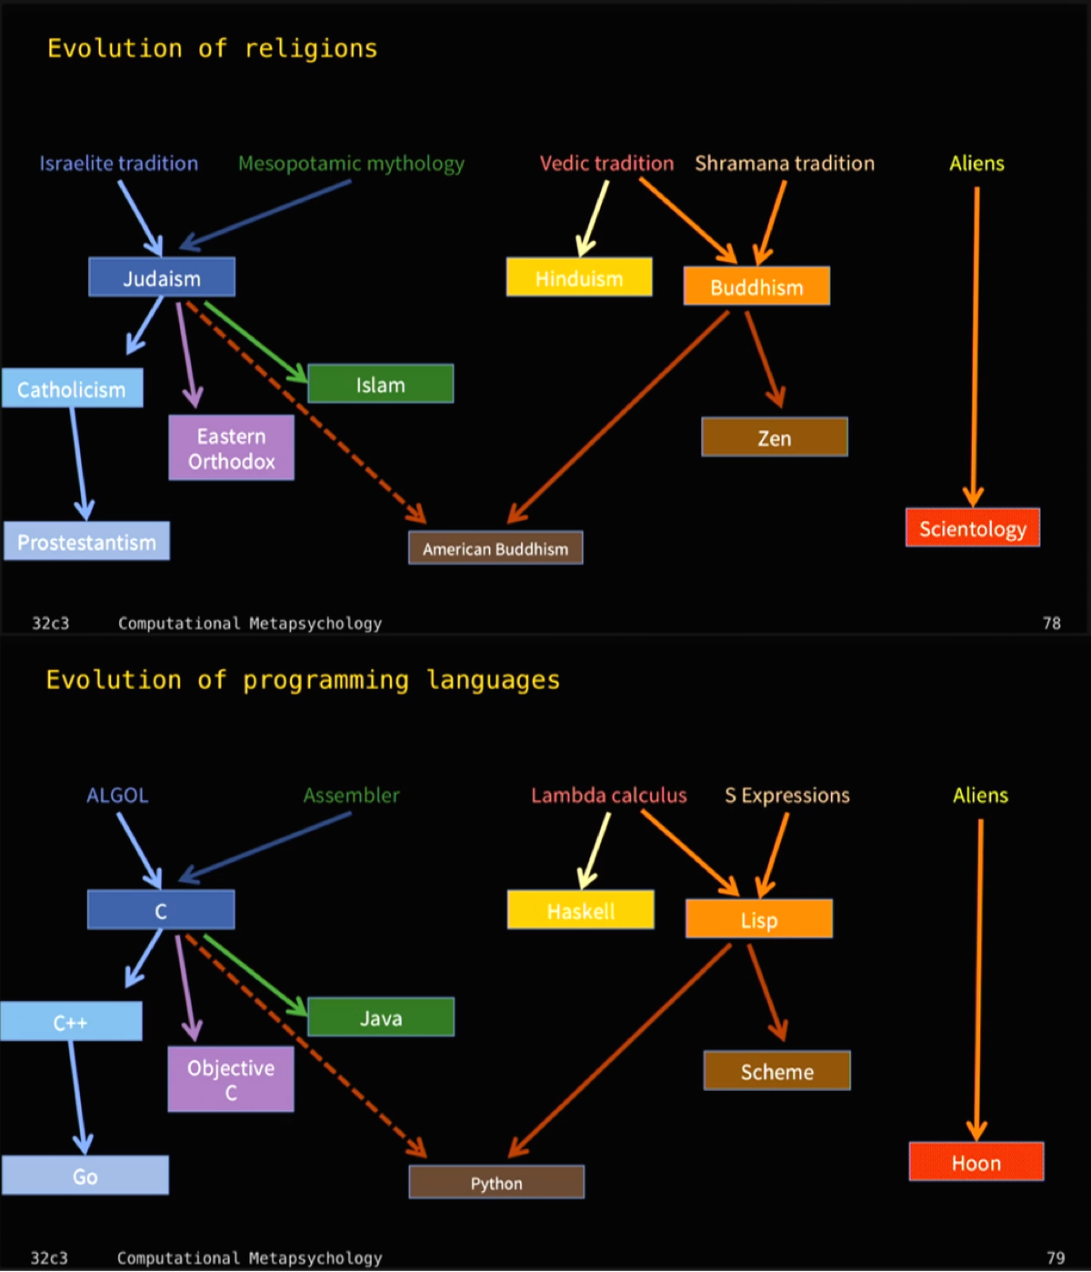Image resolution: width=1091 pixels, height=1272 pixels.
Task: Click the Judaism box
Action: (x=162, y=277)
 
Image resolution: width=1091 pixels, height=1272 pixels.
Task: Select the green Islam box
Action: (x=380, y=384)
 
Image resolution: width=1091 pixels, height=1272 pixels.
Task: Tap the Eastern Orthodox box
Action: (x=231, y=448)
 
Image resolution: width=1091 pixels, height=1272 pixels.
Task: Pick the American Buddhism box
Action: (x=495, y=548)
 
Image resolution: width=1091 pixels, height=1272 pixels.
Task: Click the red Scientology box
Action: (x=972, y=528)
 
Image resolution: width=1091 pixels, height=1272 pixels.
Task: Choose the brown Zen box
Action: (x=774, y=437)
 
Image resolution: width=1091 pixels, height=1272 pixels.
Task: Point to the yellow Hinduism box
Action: (x=579, y=277)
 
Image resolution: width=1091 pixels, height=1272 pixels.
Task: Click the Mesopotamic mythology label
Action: (x=351, y=164)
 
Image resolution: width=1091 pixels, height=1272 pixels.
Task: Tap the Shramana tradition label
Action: (x=785, y=164)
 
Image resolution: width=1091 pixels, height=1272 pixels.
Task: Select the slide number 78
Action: (x=1052, y=623)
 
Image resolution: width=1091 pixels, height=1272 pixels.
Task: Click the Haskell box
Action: (x=580, y=910)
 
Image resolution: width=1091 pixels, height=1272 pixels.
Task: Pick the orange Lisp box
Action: (x=758, y=919)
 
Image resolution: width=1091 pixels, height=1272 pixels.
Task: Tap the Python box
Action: (x=496, y=1183)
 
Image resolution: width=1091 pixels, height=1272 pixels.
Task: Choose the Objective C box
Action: (x=231, y=1079)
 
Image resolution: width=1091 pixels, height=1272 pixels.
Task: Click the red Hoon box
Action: (x=976, y=1162)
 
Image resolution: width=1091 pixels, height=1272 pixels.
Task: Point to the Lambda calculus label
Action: (x=608, y=796)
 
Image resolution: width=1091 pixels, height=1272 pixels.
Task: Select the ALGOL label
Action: (x=117, y=796)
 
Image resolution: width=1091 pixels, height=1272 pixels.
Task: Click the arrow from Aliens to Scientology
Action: (x=976, y=346)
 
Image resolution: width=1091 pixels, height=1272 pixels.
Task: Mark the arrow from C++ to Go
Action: (x=76, y=1096)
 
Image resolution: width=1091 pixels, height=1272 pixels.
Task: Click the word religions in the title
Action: (x=311, y=49)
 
